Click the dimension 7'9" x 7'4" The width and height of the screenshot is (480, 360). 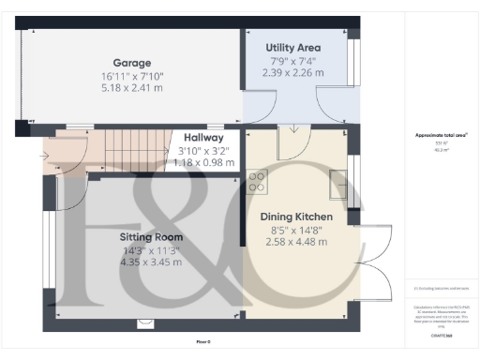pos(294,60)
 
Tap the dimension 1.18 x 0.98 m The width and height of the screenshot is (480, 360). pos(205,161)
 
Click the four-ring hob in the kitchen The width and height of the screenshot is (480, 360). pos(256,182)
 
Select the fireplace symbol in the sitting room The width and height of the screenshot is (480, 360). pos(144,323)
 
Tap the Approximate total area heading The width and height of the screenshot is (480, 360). pos(441,135)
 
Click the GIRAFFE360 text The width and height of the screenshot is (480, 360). pos(441,335)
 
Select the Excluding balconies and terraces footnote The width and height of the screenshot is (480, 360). pos(441,289)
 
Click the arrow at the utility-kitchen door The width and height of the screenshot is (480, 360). pos(293,129)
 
